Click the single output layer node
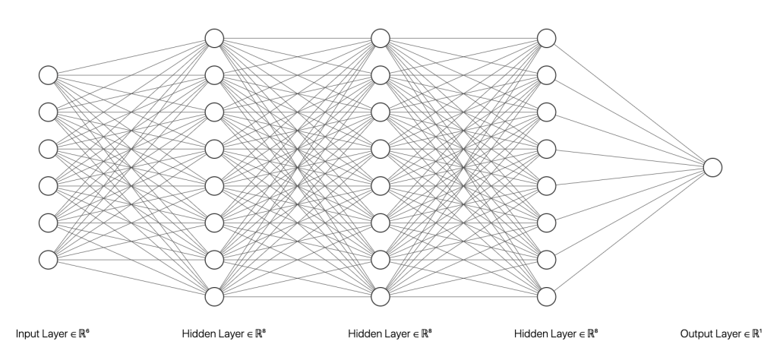coord(712,166)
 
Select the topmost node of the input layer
coord(49,74)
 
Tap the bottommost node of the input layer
coord(49,258)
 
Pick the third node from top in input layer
coord(49,148)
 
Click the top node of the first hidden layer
coord(214,38)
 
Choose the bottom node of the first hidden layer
coord(214,295)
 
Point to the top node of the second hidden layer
coord(380,38)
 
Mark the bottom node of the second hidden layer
coord(380,295)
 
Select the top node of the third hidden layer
coord(545,38)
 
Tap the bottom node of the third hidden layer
coord(545,295)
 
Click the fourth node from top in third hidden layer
coord(545,148)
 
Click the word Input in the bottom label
coord(27,334)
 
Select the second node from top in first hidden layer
coord(214,74)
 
